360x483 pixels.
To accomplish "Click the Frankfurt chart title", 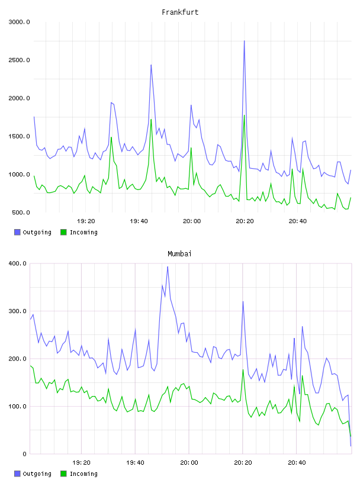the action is click(180, 12).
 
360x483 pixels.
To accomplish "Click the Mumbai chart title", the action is click(179, 254).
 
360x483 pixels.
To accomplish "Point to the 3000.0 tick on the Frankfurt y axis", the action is click(19, 22).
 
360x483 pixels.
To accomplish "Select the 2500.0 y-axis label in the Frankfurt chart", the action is click(19, 60).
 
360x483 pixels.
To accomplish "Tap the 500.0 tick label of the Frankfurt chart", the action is click(21, 212).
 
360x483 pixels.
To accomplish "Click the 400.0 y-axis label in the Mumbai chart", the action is click(17, 263).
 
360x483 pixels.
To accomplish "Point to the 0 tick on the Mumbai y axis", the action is click(24, 454).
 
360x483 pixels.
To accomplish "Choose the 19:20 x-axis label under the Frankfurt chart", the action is click(86, 221).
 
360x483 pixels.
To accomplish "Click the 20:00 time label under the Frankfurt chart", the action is click(192, 221).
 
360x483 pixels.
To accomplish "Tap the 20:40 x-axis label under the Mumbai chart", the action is click(297, 463).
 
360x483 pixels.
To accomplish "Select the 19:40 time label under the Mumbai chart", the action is click(136, 463).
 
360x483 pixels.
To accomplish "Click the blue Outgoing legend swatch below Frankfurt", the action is click(17, 232).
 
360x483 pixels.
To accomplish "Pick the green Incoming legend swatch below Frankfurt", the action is click(63, 232).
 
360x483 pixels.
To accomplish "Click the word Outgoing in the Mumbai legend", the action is click(37, 474).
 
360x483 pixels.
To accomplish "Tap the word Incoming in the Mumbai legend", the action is click(83, 474).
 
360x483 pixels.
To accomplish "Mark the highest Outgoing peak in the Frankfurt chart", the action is click(245, 41).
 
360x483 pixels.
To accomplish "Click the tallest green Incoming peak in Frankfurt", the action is click(245, 115).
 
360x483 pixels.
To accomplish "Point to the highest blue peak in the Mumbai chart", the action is click(168, 267).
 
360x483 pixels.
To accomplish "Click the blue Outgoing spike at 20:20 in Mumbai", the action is click(243, 301).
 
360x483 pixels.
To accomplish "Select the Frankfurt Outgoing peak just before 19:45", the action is click(151, 65).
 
